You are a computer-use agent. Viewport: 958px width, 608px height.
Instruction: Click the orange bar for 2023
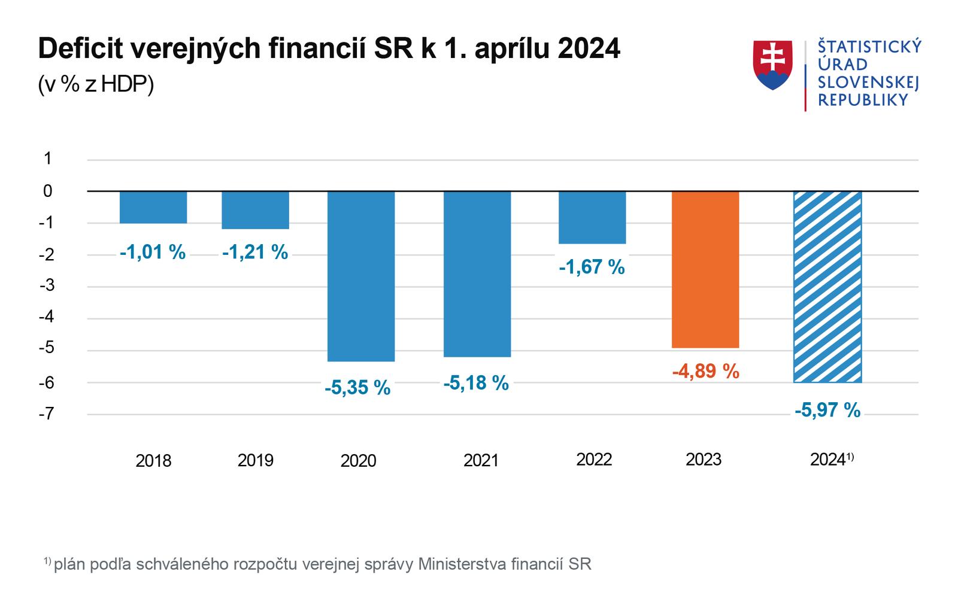pos(705,269)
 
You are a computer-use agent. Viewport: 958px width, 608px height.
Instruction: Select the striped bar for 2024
pos(827,287)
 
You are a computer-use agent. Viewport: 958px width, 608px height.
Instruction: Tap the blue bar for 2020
pos(360,276)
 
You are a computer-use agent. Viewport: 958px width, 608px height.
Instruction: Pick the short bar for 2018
pos(153,207)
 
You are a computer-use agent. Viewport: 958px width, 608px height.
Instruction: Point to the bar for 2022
pos(592,217)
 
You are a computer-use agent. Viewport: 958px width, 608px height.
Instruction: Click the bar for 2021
pos(477,273)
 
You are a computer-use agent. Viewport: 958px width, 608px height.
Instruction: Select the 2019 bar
pos(256,210)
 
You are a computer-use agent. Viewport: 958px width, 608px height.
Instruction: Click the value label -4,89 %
pos(705,371)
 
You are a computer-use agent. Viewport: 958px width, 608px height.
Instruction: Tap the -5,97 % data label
pos(827,410)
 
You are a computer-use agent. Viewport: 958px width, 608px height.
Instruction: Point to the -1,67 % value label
pos(592,267)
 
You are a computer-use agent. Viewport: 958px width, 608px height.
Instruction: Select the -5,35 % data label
pos(357,388)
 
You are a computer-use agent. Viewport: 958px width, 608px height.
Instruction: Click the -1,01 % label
pos(153,252)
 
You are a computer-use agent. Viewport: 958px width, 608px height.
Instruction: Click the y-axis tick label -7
pos(46,414)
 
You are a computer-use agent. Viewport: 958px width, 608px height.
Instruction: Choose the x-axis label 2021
pos(481,460)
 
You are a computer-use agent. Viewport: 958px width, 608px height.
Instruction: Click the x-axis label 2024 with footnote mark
pos(831,460)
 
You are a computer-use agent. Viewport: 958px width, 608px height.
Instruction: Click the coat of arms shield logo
pos(772,65)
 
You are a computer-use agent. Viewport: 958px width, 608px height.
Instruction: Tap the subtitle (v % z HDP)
pos(96,84)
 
